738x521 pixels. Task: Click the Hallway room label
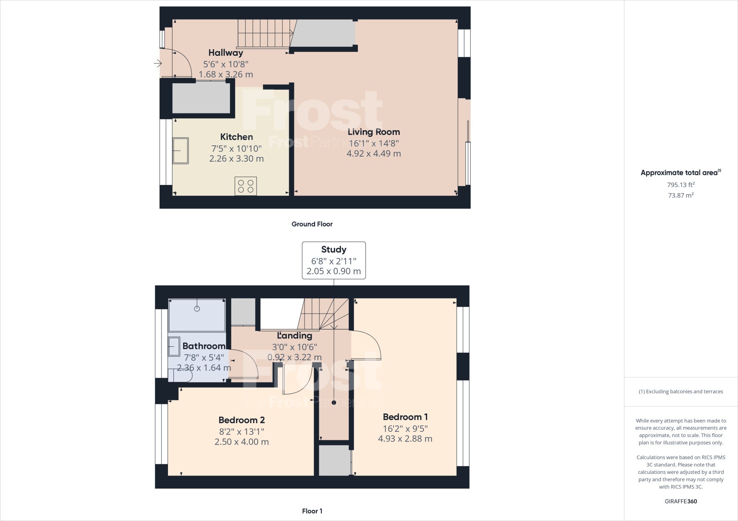click(226, 53)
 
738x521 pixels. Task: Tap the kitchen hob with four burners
click(245, 186)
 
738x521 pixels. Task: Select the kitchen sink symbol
click(180, 151)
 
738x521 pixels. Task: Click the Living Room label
click(374, 132)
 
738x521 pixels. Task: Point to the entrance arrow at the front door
click(158, 64)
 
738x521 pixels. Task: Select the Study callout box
click(334, 260)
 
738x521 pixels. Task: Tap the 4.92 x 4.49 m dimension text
click(374, 154)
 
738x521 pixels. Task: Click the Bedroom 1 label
click(405, 417)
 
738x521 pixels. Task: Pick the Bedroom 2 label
click(241, 420)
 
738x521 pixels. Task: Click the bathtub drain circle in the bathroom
click(197, 309)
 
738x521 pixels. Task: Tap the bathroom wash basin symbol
click(174, 346)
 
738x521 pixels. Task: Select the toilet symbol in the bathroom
click(180, 376)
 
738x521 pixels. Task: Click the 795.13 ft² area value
click(681, 185)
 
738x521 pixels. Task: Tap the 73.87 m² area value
click(681, 195)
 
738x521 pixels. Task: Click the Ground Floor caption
click(312, 224)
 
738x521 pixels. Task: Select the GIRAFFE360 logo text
click(681, 501)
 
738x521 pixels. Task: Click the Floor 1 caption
click(312, 511)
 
